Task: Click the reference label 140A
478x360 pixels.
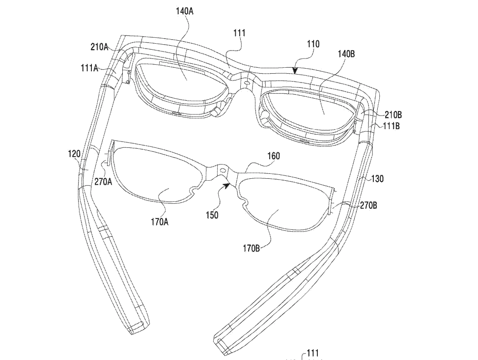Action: point(185,11)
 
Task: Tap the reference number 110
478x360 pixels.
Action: point(313,44)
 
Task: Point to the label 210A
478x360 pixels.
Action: point(100,47)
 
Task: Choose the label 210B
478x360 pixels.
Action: point(393,115)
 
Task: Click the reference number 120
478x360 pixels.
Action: point(74,154)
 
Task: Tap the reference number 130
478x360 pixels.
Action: point(377,179)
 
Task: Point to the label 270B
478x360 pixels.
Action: point(368,206)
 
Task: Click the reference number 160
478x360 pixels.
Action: point(273,156)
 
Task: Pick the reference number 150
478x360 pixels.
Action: point(212,215)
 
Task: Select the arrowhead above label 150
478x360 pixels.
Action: point(227,185)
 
